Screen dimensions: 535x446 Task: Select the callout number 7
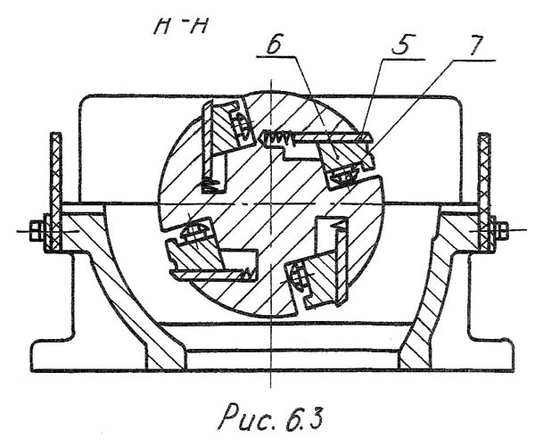coord(477,45)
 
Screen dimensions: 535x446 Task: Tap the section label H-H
coord(181,26)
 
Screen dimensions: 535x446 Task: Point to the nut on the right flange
coord(501,230)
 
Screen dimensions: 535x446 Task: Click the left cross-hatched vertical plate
coord(55,192)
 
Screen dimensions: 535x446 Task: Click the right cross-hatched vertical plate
coord(484,192)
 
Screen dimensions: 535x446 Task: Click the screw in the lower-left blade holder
coord(194,232)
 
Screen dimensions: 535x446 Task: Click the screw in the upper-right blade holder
coord(343,177)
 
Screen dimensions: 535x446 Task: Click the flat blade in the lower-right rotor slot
coord(342,261)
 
